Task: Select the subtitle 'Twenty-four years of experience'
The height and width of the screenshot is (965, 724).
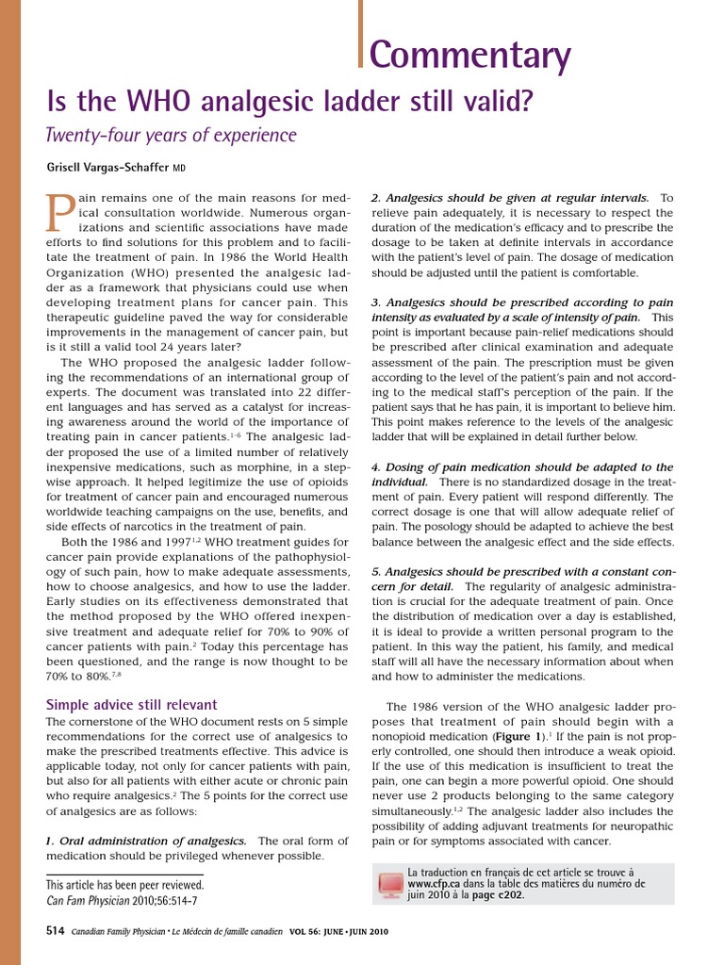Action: [x=172, y=135]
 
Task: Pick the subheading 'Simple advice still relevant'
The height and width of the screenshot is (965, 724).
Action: [x=132, y=704]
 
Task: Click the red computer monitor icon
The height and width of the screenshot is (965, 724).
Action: [x=388, y=884]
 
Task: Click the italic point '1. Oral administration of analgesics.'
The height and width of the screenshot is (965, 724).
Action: [x=146, y=840]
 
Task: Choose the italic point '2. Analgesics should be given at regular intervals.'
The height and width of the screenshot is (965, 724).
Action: [x=510, y=198]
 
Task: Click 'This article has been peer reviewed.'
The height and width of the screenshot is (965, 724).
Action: [x=124, y=885]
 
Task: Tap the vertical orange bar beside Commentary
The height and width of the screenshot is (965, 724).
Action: [x=361, y=34]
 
